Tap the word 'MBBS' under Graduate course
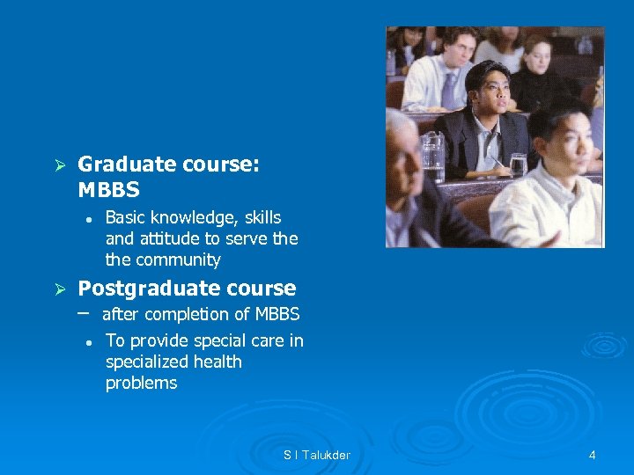click(x=108, y=190)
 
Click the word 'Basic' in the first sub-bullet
click(x=126, y=217)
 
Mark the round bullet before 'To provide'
click(x=90, y=342)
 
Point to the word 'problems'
click(x=141, y=383)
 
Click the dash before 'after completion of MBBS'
click(x=84, y=312)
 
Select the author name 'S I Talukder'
click(x=317, y=455)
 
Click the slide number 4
click(x=592, y=455)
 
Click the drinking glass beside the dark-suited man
click(x=519, y=164)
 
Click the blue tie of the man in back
click(x=449, y=87)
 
